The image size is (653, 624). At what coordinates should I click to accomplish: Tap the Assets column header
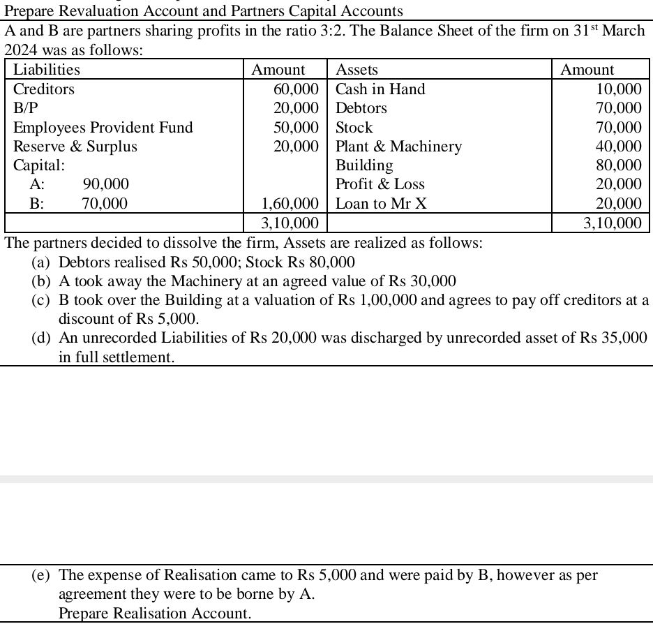click(x=356, y=70)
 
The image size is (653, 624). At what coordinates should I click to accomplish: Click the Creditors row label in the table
click(x=44, y=89)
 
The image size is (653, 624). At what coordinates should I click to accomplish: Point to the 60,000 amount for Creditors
click(x=297, y=89)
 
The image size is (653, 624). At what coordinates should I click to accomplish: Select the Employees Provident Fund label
click(x=103, y=128)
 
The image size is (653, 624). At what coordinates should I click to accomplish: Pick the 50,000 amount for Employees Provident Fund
click(x=297, y=128)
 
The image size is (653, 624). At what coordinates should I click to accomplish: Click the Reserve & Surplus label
click(x=75, y=147)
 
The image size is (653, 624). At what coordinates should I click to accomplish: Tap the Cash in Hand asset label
click(x=380, y=89)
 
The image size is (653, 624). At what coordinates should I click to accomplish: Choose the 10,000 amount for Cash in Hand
click(x=619, y=89)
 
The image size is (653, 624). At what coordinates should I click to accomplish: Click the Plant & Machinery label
click(x=398, y=147)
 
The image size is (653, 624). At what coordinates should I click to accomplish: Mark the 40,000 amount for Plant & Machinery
click(x=619, y=147)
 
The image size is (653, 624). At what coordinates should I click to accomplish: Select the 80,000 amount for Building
click(x=619, y=165)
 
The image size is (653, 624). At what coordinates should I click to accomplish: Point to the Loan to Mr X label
click(x=381, y=204)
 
